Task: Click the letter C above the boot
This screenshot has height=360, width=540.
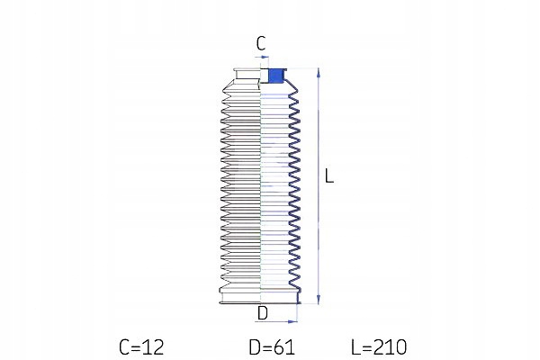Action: pos(261,43)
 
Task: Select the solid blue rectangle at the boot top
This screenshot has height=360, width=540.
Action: pos(275,76)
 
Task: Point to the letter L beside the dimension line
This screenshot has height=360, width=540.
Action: pos(329,176)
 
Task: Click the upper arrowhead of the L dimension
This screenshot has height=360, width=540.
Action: pos(319,73)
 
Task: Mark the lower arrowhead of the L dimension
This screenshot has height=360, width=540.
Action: pos(319,300)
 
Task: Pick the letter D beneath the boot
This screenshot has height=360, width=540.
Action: pos(263,313)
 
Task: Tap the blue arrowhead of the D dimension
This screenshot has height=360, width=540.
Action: pos(293,322)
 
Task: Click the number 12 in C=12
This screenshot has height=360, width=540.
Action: pos(154,346)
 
